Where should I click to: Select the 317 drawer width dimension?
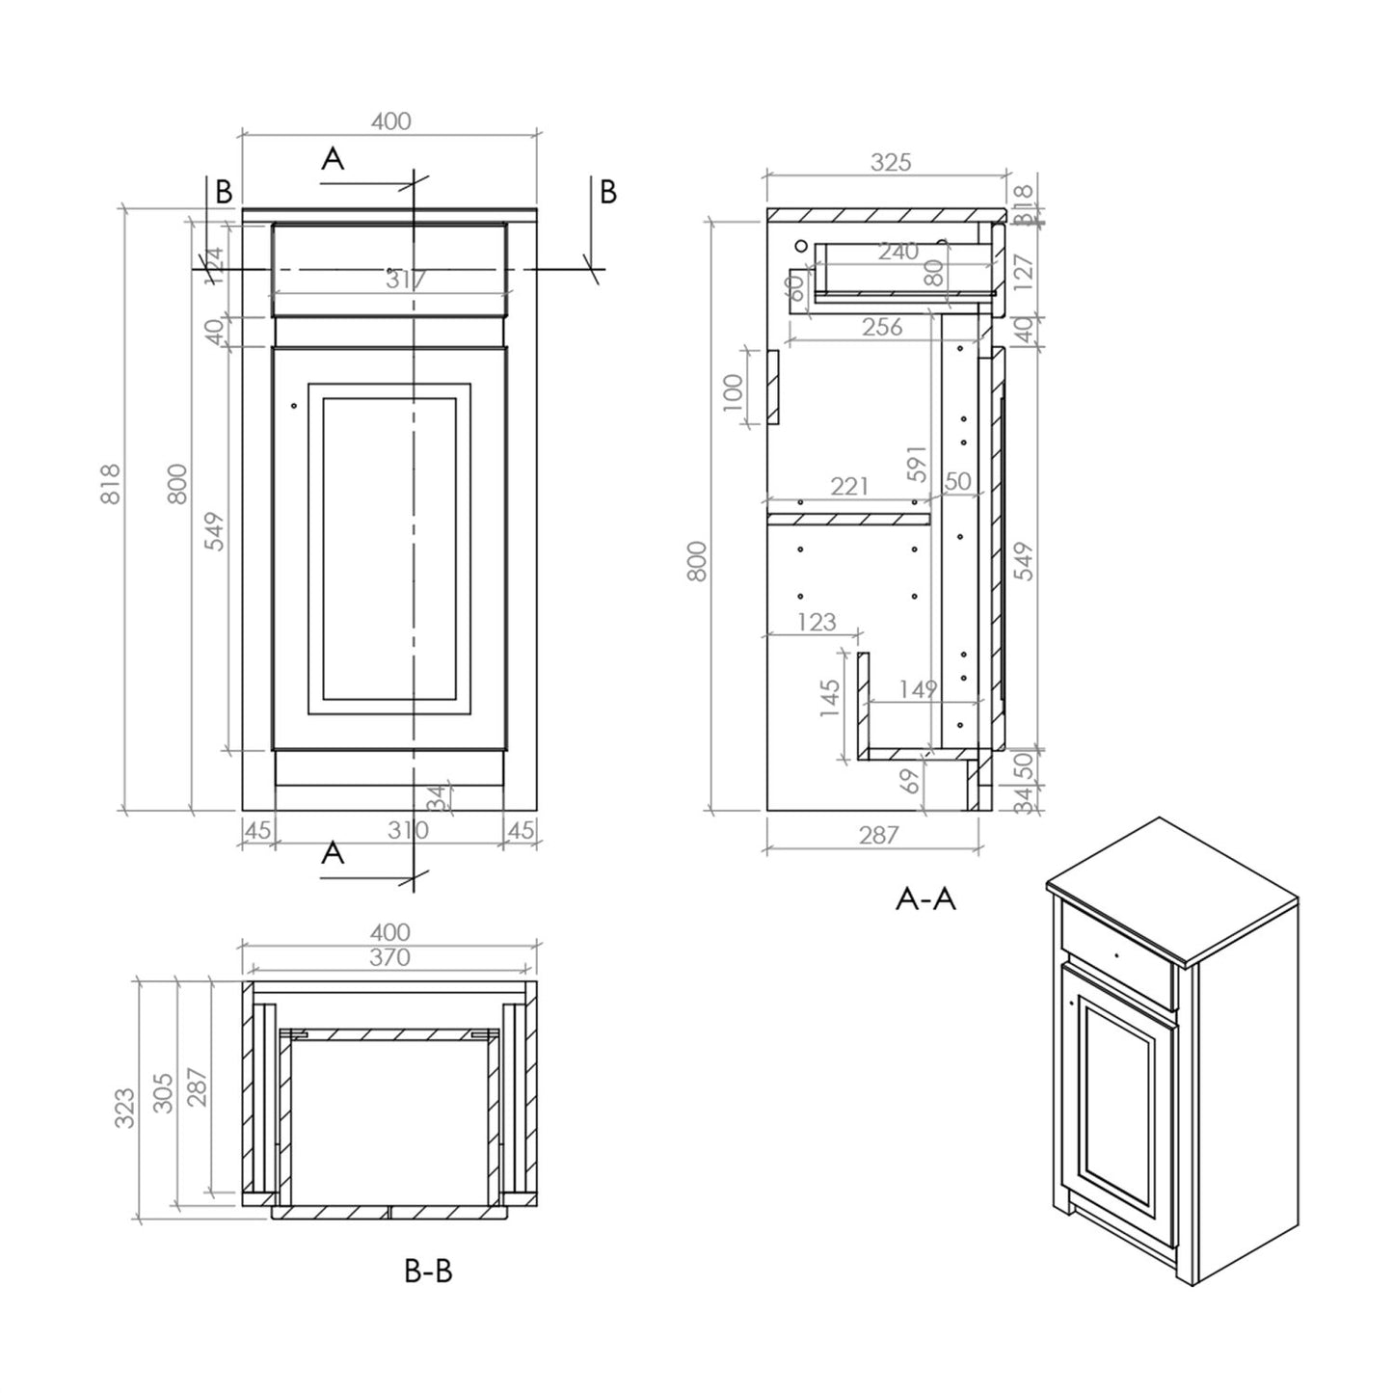[x=406, y=280]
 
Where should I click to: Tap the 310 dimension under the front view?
[x=408, y=830]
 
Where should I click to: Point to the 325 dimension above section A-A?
[x=890, y=162]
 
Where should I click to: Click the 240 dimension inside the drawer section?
[x=897, y=252]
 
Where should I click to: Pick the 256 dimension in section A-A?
[x=882, y=327]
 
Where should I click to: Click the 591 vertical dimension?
[x=916, y=464]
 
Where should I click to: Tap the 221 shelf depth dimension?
[x=849, y=486]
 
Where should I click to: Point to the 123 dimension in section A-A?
[x=817, y=622]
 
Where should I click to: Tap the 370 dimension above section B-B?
[x=389, y=957]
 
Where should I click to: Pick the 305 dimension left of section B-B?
[x=163, y=1092]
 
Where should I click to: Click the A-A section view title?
[x=925, y=898]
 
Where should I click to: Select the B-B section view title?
[x=427, y=1271]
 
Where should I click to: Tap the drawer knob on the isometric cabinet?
[x=1114, y=954]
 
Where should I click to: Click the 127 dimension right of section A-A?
[x=1024, y=273]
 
